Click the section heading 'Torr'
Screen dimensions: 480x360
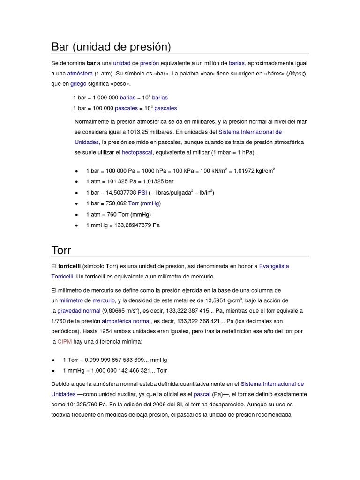pos(61,249)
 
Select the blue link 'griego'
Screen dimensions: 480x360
pos(78,84)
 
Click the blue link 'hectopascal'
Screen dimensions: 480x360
pos(137,152)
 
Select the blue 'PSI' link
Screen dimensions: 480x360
pos(142,192)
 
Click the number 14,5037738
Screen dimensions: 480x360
pos(120,192)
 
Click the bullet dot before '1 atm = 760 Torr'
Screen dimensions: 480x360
pos(76,215)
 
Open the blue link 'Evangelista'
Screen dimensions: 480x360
pos(274,266)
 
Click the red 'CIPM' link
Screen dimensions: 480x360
pos(64,342)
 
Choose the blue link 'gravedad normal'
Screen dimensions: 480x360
pos(79,311)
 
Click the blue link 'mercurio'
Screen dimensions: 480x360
pos(104,300)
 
